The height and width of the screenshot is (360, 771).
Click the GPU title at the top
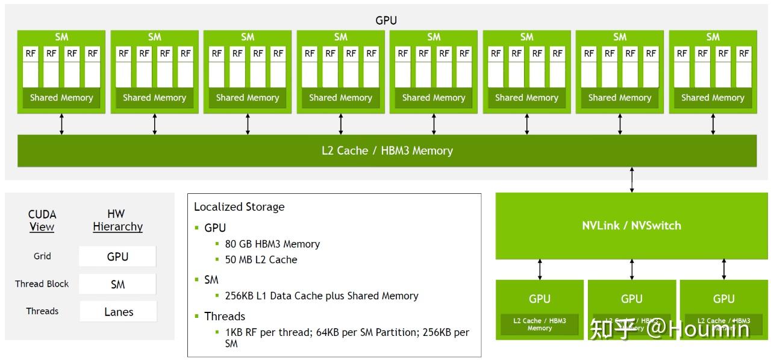click(x=386, y=20)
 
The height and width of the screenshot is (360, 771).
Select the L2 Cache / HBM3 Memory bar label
click(x=387, y=151)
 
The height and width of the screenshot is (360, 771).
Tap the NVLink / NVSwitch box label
click(x=631, y=226)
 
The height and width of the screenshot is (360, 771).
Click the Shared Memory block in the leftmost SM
click(x=61, y=98)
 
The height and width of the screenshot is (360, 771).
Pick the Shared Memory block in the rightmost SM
click(x=713, y=98)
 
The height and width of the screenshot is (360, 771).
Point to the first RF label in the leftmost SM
click(x=31, y=54)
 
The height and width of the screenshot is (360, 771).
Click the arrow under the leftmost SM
click(x=61, y=123)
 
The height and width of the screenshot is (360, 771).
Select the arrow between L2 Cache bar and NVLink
click(x=631, y=179)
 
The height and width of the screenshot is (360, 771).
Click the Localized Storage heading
click(x=239, y=207)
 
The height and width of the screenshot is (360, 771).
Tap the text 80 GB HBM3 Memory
click(x=272, y=244)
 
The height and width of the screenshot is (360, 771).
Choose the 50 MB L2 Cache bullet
click(x=261, y=259)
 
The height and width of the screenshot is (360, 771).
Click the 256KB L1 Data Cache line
click(x=322, y=296)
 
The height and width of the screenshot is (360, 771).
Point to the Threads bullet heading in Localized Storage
click(x=224, y=316)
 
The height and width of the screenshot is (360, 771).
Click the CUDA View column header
click(x=42, y=220)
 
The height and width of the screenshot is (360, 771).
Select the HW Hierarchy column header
click(x=117, y=220)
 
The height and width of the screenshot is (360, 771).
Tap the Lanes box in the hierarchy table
click(x=118, y=312)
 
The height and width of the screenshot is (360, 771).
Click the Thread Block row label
click(x=42, y=284)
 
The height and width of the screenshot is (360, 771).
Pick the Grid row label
click(x=42, y=256)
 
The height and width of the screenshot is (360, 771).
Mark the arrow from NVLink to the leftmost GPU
click(x=540, y=269)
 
